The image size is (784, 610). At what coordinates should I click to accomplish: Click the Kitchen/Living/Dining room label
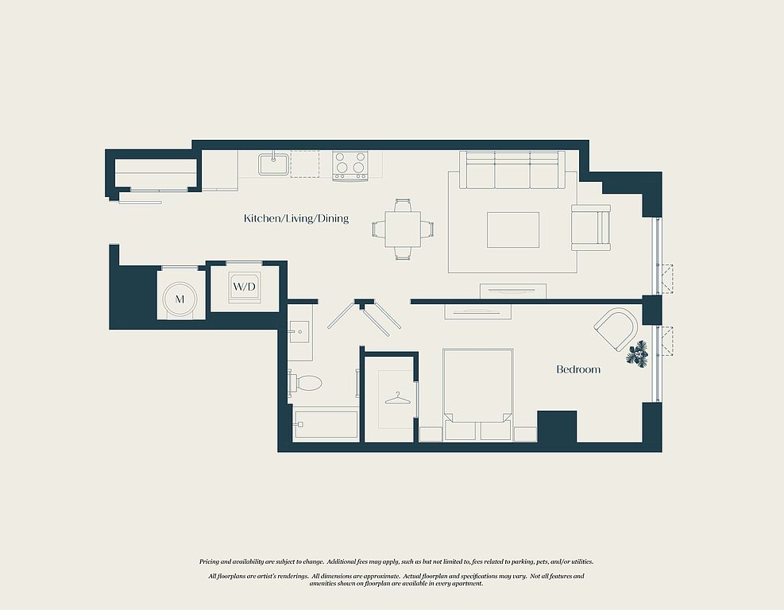pos(296,218)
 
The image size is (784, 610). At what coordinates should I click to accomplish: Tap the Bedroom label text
pos(578,369)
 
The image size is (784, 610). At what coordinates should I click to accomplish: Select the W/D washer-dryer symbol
pos(244,287)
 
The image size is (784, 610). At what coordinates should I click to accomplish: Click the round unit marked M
pos(180,299)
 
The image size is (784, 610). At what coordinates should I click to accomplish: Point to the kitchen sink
pos(273,164)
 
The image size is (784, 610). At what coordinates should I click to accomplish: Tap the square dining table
pos(403,230)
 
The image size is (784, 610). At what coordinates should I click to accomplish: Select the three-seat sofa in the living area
pos(512,170)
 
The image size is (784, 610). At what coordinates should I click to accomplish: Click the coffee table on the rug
pos(513,230)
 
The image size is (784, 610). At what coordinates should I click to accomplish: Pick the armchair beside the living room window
pos(591,227)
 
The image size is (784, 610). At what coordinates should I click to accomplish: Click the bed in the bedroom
pos(478,395)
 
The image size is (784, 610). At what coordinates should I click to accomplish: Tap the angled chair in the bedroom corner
pos(616,329)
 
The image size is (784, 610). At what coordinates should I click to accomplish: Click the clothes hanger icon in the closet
pos(397,399)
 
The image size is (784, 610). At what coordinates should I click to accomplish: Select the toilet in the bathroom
pos(304,384)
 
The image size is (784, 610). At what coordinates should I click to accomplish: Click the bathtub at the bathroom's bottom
pos(326,425)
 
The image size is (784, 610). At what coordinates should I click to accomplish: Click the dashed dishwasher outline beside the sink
pos(305,164)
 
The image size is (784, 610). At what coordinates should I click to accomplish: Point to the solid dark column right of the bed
pos(557,427)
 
